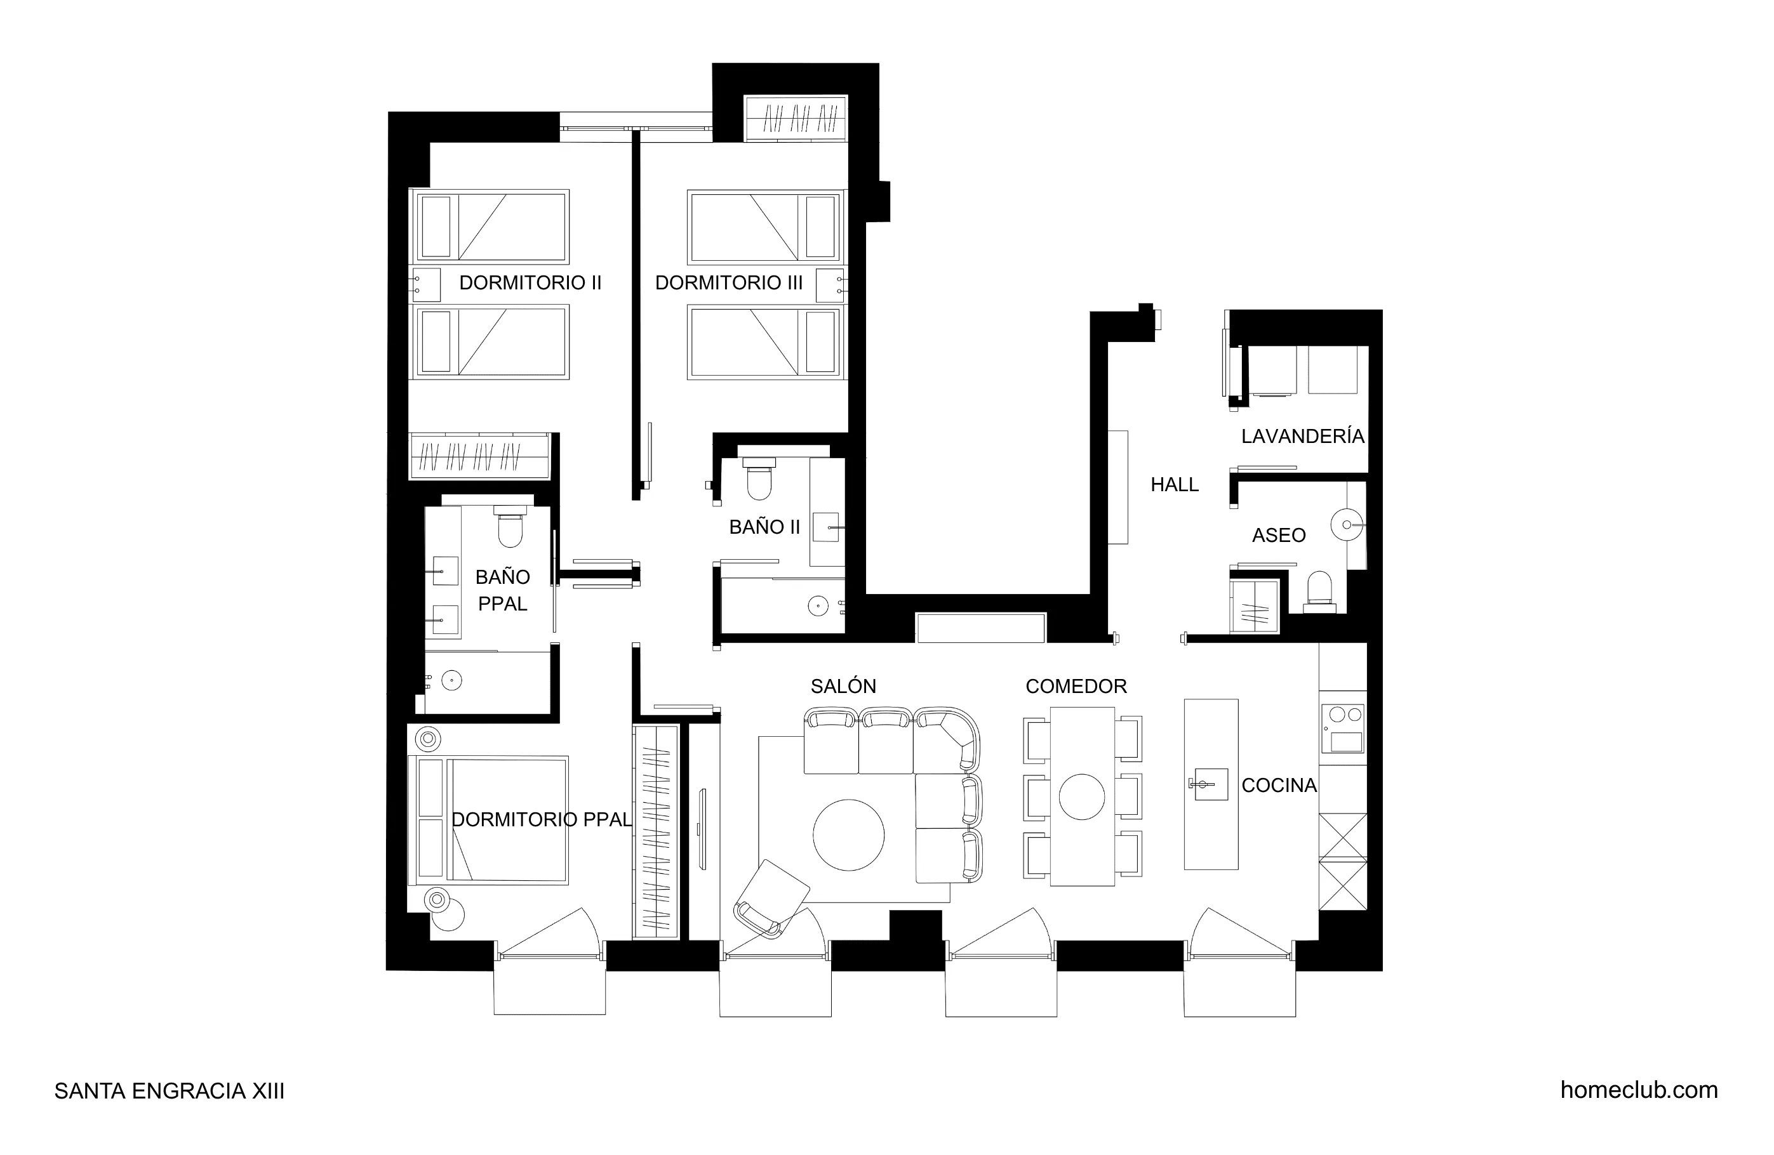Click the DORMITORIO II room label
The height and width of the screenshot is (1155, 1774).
(530, 282)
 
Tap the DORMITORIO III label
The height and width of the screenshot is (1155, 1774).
(728, 282)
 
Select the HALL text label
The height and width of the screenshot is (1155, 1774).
(1174, 484)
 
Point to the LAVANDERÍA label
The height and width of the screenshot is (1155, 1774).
(1302, 436)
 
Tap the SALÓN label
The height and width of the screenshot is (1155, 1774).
(843, 685)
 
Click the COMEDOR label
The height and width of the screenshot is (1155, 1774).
(1076, 685)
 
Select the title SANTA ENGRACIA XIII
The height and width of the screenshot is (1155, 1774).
(169, 1091)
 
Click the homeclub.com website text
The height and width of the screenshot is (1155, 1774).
(1638, 1090)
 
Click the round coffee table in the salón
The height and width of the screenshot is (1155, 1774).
(848, 835)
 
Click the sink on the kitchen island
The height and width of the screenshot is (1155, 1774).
(1210, 784)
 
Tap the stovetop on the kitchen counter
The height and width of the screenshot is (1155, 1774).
(1343, 728)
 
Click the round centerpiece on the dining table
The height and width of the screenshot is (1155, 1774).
(1081, 796)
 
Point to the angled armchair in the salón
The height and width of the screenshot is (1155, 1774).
(772, 897)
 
